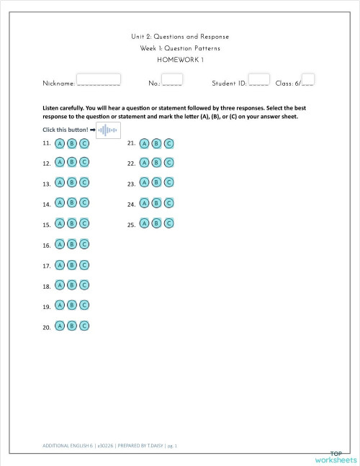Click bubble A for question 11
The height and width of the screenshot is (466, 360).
[x=60, y=143]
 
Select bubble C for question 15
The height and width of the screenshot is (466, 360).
[x=84, y=225]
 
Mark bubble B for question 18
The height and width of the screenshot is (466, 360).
[x=72, y=286]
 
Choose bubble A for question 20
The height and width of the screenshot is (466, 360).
[x=60, y=326]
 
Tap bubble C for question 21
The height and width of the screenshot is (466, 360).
[x=168, y=143]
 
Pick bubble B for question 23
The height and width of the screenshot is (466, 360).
[x=156, y=184]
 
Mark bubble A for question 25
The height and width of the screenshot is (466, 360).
[x=145, y=224]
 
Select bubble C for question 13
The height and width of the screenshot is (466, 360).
[x=84, y=184]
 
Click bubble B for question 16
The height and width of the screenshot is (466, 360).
[x=72, y=245]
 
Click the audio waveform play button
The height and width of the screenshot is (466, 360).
[x=107, y=130]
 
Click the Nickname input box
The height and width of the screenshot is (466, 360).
[x=98, y=79]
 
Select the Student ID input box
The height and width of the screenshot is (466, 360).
[x=258, y=79]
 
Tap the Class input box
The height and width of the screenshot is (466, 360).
[x=308, y=79]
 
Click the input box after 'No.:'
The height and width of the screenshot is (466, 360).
[x=172, y=79]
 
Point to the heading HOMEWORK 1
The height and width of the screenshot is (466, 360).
[x=180, y=59]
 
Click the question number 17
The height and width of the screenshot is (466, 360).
[x=46, y=266]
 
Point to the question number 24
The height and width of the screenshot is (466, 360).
[x=131, y=205]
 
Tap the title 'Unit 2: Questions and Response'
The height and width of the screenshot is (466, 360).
[x=180, y=37]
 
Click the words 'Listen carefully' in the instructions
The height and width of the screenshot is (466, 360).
[x=65, y=108]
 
